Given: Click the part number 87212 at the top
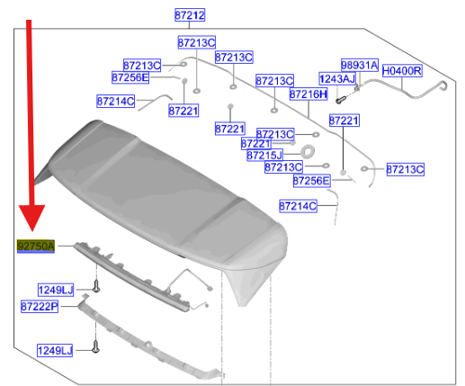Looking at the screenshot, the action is point(190,15).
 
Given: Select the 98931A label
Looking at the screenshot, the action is point(360,65).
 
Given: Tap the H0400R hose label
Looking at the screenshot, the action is point(402,71).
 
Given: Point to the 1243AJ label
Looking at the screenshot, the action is point(337,79).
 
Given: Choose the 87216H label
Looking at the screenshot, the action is point(309,94).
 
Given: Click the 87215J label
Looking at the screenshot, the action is point(264,155).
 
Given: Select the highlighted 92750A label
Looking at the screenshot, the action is point(36,247).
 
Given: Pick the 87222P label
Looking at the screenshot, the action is point(40,307).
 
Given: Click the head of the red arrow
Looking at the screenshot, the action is point(32,218).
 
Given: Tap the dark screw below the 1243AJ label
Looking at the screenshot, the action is point(340,100).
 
